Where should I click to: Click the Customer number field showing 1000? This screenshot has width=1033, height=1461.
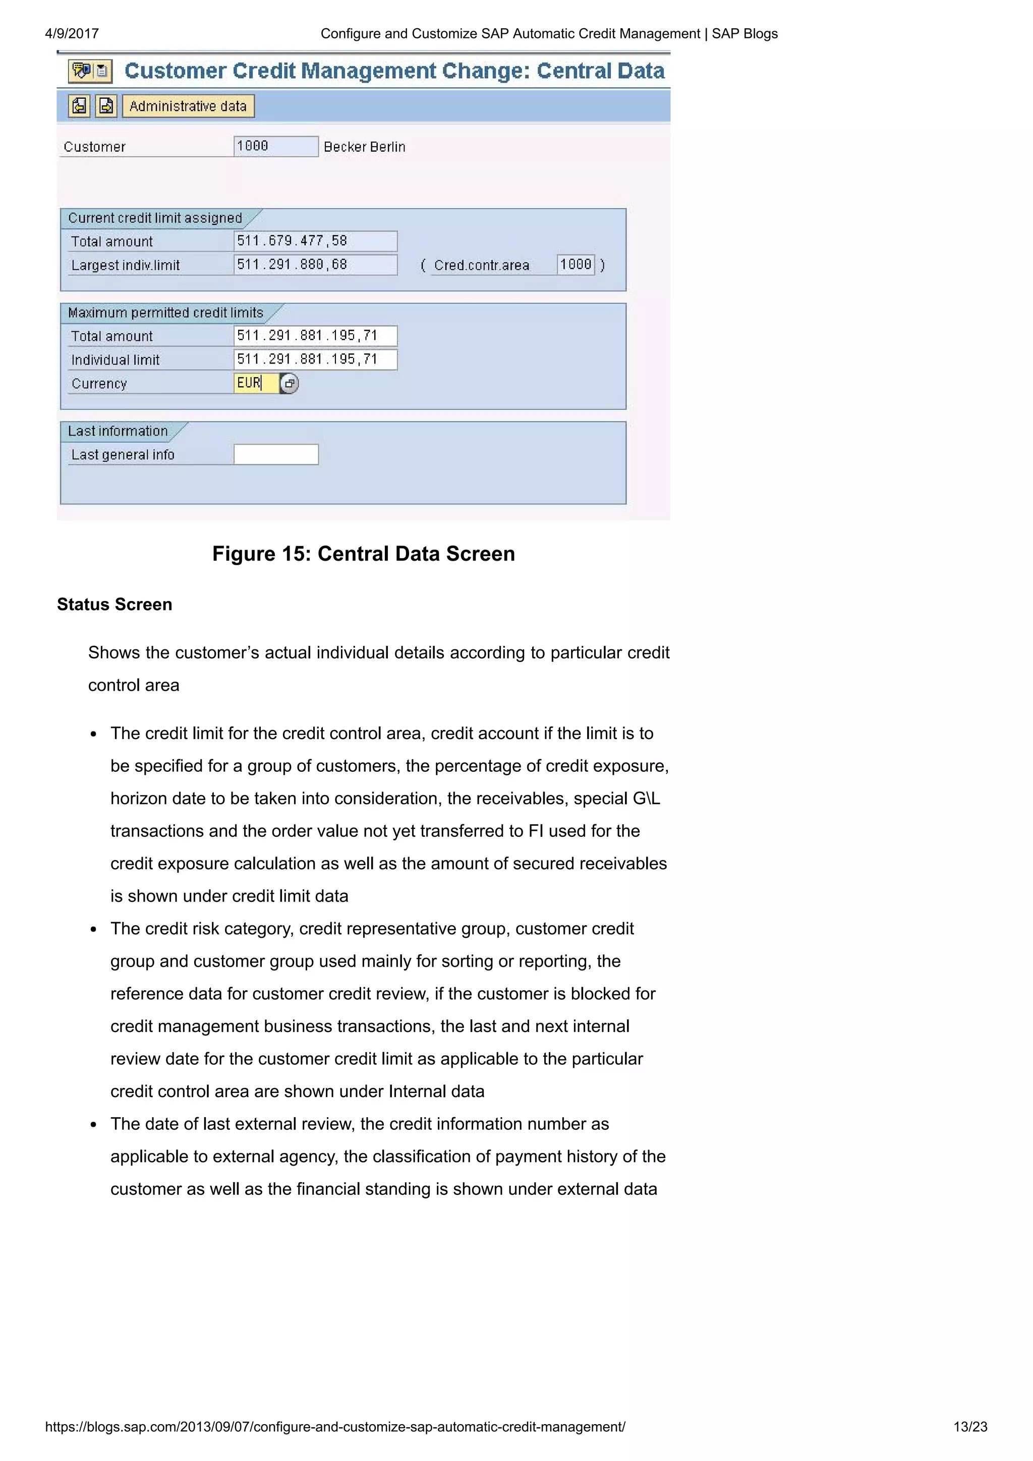pos(275,146)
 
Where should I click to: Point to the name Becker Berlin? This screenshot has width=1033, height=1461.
pos(364,147)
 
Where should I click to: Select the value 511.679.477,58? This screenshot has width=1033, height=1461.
pos(315,241)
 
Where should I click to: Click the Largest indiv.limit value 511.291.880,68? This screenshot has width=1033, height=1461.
pos(315,265)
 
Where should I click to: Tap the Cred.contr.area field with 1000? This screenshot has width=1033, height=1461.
pos(576,265)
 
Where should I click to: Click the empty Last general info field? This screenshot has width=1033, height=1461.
pos(275,454)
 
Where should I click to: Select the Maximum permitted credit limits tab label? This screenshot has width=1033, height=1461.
pos(165,313)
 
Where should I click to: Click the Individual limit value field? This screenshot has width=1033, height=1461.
pos(315,359)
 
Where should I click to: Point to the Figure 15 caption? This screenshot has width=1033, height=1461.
pos(364,554)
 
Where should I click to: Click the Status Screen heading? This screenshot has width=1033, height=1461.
pos(114,604)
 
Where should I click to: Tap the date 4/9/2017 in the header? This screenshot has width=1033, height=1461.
pos(72,34)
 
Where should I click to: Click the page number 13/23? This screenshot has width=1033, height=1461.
pos(969,1427)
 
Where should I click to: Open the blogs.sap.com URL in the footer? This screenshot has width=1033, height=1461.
pos(335,1427)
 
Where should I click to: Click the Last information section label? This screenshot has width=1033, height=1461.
pos(118,431)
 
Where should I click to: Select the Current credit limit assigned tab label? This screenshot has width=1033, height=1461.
pos(155,218)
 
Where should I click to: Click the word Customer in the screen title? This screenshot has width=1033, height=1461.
pos(175,71)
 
